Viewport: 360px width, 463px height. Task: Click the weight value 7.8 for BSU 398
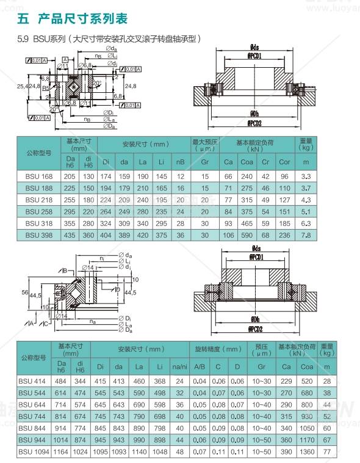(306, 235)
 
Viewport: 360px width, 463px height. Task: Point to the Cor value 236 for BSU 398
(284, 235)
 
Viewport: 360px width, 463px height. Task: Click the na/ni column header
(179, 366)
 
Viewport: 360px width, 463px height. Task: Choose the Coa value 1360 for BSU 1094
(308, 453)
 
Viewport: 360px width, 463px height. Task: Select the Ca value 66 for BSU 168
(228, 176)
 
